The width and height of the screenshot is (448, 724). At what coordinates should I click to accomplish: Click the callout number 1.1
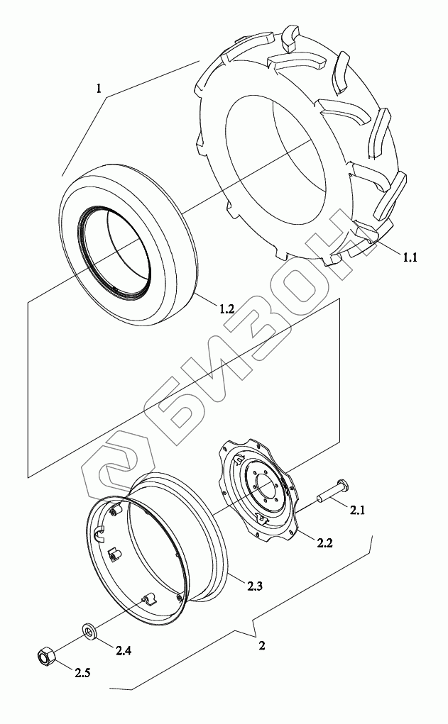click(x=409, y=257)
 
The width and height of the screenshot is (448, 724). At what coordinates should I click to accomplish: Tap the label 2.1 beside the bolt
click(x=357, y=511)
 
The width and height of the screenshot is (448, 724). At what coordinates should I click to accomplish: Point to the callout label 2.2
click(x=324, y=542)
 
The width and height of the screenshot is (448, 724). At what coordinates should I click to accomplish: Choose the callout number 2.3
click(x=255, y=586)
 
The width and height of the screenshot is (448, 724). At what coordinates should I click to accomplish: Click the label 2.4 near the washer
click(x=124, y=650)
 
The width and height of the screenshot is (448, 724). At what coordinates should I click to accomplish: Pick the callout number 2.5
click(x=82, y=673)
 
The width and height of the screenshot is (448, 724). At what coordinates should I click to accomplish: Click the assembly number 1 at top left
click(x=99, y=89)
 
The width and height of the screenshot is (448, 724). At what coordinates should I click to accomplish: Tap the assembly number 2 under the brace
click(x=262, y=645)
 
